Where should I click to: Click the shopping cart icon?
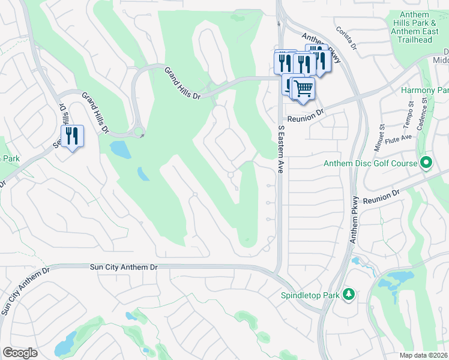pos(304,89)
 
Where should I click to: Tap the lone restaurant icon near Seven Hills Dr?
pos(72,136)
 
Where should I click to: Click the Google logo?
pos(20,353)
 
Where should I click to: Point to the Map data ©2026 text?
pos(424,355)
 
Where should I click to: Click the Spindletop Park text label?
pos(309,295)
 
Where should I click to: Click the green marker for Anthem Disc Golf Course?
pos(426,163)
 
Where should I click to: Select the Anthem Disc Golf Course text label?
pos(370,163)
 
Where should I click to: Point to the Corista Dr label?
pos(346,39)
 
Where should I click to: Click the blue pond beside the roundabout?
pos(120,149)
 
